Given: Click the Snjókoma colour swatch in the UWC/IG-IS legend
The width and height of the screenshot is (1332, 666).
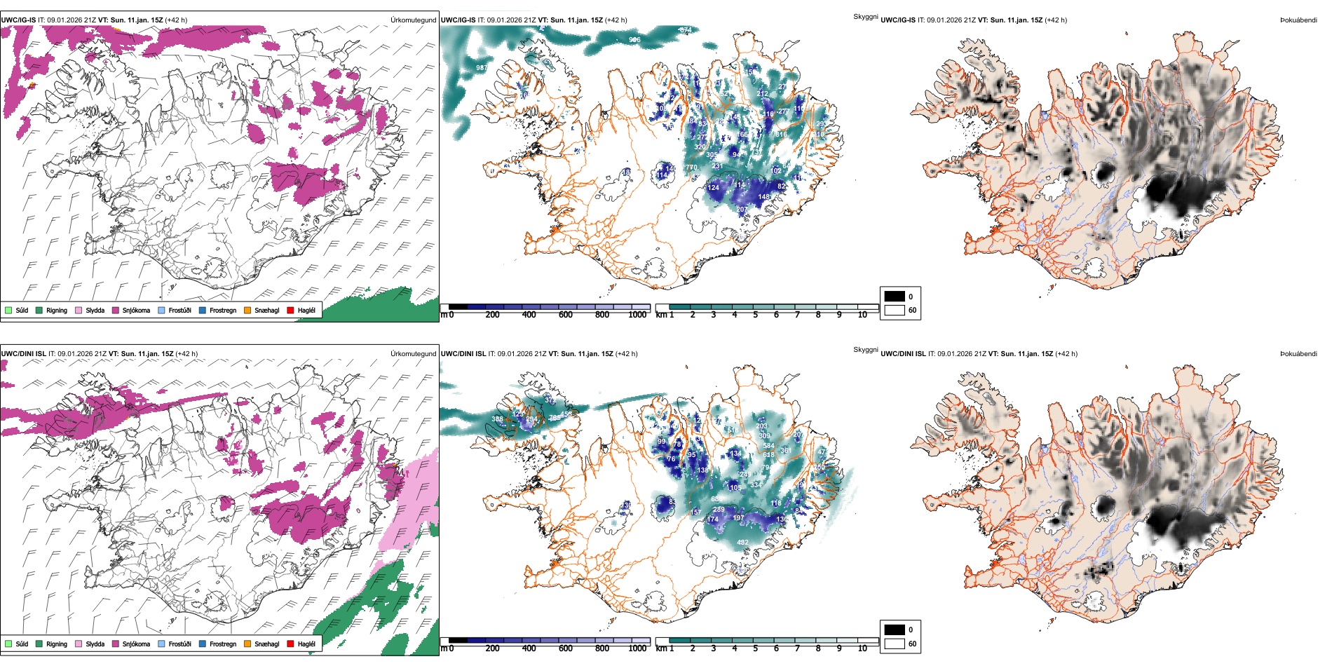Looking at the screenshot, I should click(116, 310).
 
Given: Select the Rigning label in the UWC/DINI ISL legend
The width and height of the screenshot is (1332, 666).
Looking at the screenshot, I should click(57, 644).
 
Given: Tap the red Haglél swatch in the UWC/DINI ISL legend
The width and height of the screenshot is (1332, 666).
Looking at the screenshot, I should click(291, 644).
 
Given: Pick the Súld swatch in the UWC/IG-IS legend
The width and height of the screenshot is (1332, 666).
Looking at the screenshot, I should click(8, 310).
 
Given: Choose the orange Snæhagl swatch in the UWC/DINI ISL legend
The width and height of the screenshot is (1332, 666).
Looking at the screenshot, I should click(247, 644).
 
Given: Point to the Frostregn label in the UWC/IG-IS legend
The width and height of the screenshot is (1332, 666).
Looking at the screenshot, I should click(223, 310).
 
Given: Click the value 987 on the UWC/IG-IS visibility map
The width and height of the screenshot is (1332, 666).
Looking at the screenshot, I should click(482, 68).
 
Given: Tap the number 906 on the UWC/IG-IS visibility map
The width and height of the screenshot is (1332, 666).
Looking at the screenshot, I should click(634, 40).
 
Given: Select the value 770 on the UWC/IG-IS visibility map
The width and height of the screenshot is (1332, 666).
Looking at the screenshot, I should click(691, 168).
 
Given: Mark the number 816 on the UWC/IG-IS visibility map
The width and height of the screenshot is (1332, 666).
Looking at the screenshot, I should click(781, 135).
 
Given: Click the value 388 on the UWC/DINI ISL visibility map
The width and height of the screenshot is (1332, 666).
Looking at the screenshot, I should click(497, 419).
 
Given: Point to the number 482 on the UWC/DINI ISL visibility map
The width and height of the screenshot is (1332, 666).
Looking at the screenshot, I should click(742, 542).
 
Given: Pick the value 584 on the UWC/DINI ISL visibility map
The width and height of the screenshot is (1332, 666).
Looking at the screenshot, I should click(768, 446).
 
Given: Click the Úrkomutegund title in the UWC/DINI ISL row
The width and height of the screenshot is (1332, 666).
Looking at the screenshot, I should click(413, 354).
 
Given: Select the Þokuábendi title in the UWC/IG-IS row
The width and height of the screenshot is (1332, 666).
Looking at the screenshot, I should click(1298, 20).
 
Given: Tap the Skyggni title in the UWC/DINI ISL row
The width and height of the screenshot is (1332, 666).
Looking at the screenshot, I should click(865, 350).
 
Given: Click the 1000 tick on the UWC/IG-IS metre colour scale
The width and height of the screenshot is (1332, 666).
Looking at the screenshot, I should click(637, 315).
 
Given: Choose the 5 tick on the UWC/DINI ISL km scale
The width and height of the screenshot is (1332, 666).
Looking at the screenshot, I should click(755, 648).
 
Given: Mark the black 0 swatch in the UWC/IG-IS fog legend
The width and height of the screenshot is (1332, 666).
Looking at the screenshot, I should click(895, 297).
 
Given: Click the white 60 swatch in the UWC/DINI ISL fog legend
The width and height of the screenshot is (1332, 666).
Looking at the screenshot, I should click(895, 644).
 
